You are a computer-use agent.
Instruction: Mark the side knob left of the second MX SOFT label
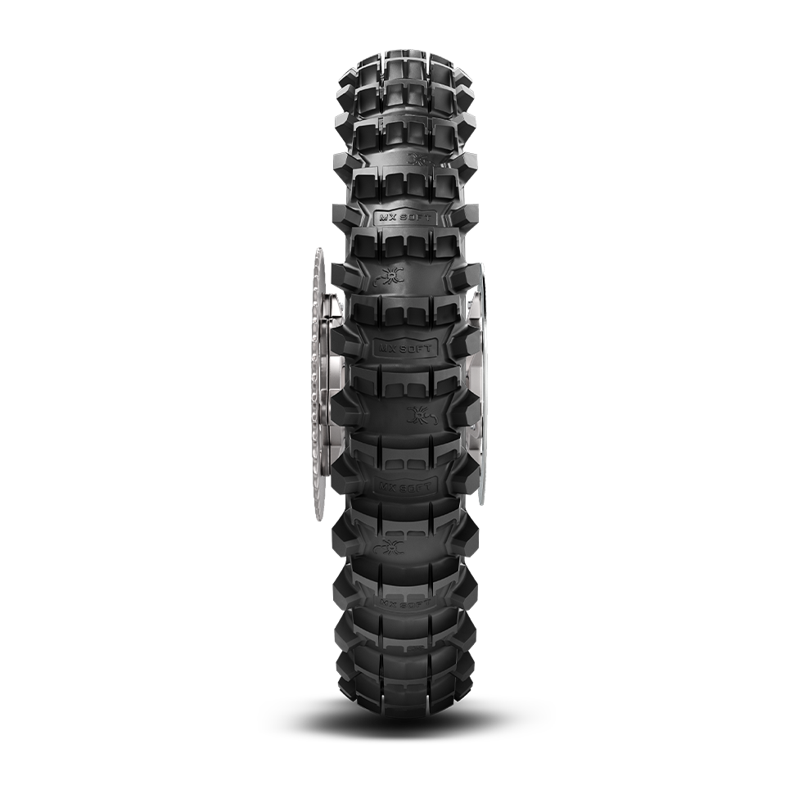344,347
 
